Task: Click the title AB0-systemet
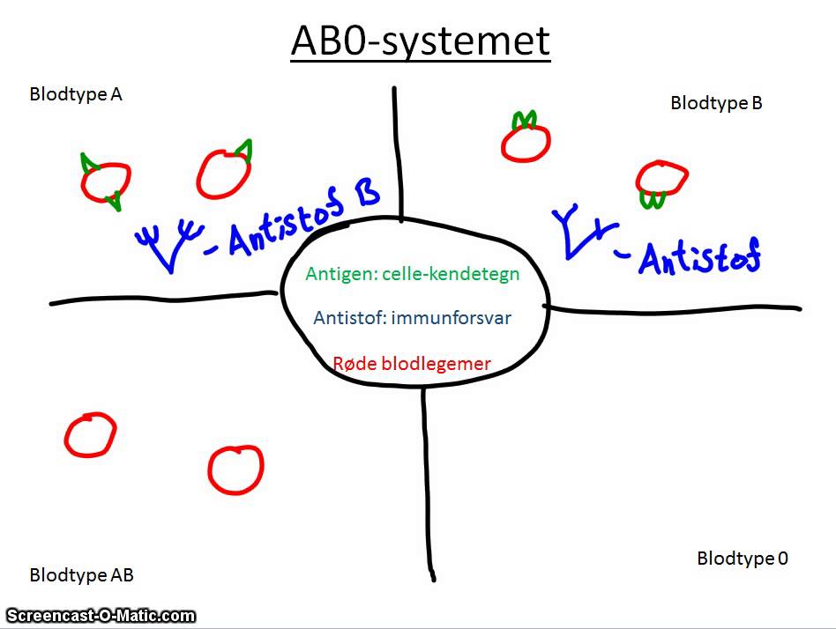(420, 42)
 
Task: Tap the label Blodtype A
(76, 94)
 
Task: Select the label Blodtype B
(716, 103)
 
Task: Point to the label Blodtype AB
(81, 575)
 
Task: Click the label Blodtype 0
(743, 558)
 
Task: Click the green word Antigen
(334, 274)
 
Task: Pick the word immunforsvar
(461, 318)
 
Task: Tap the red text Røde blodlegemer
(412, 363)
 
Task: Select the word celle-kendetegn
(462, 274)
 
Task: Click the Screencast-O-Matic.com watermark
(101, 616)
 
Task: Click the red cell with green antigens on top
(526, 140)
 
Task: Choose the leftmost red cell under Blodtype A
(105, 181)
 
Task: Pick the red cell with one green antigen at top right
(224, 173)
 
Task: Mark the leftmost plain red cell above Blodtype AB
(90, 435)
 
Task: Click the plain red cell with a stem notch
(236, 469)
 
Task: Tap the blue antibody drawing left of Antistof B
(168, 243)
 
